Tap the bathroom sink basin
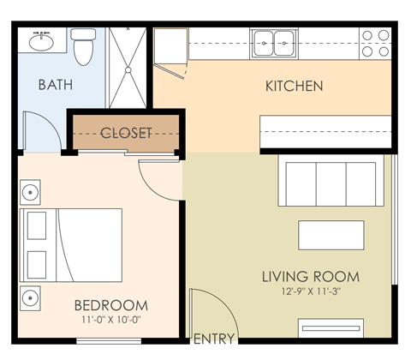coord(39,40)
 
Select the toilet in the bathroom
coord(83,46)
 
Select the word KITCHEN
coord(294,86)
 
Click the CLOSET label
coord(126,133)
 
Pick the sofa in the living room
coord(330,181)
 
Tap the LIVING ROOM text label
coord(310,278)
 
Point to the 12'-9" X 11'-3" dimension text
coord(310,293)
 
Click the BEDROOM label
coord(110,305)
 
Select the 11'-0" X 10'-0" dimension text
coord(110,320)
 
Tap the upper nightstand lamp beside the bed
coord(30,189)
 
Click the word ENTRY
coord(215,339)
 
